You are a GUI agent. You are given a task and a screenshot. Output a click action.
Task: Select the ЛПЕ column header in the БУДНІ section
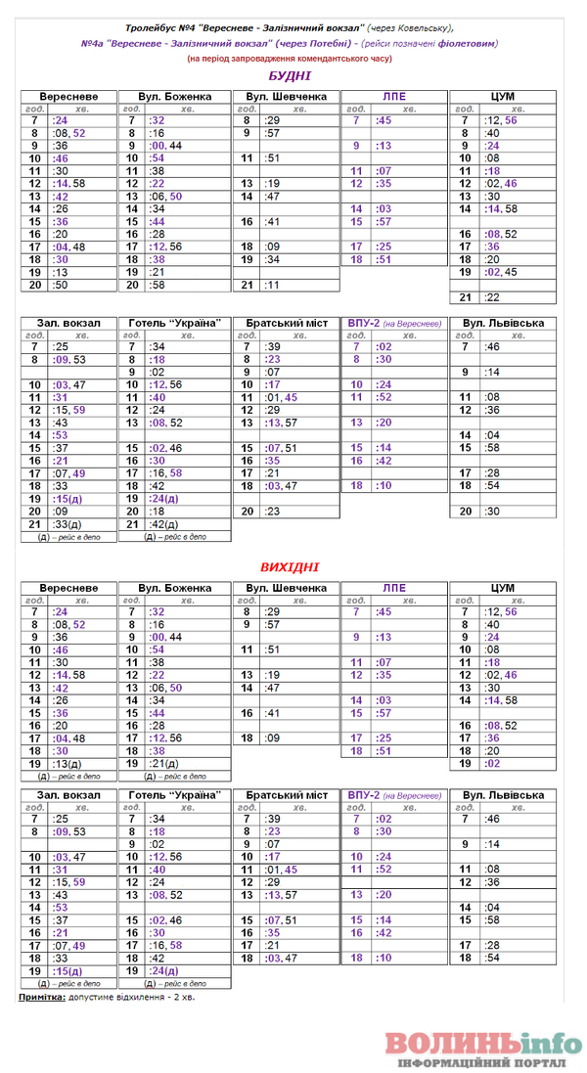pos(392,97)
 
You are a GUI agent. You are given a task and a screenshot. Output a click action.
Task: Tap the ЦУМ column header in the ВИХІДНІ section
pos(501,588)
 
